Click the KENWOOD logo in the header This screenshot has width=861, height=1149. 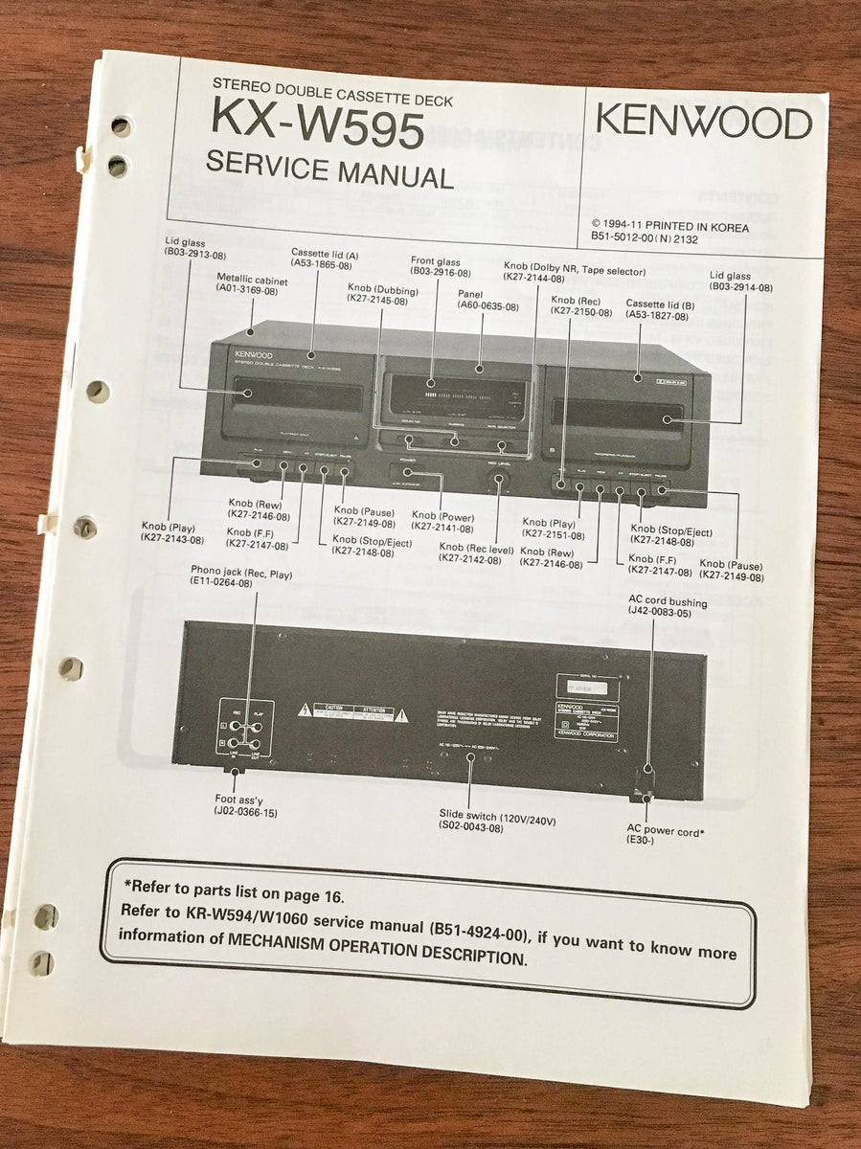[x=704, y=123]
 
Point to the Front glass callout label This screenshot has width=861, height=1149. [x=436, y=261]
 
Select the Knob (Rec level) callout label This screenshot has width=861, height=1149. [x=476, y=550]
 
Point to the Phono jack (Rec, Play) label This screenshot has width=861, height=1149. [x=241, y=574]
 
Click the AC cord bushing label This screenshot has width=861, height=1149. [x=668, y=602]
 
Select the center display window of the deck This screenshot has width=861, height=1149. [x=455, y=394]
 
